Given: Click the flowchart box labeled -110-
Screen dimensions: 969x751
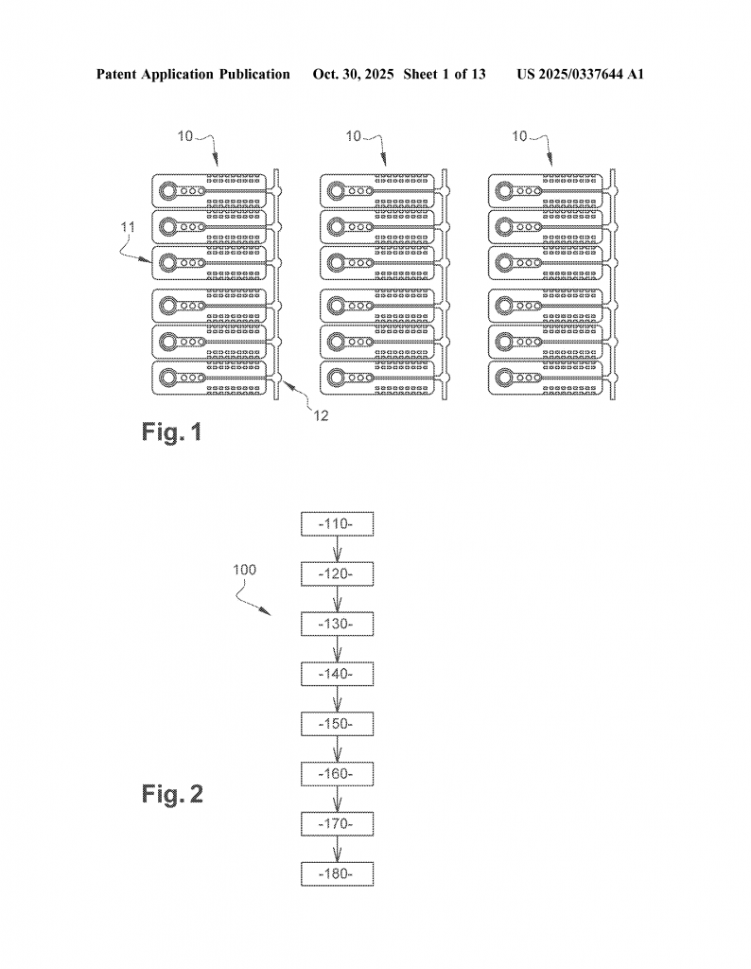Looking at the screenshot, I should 337,524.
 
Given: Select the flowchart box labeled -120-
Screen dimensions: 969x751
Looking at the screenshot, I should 337,574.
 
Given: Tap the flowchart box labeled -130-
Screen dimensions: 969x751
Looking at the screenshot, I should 337,625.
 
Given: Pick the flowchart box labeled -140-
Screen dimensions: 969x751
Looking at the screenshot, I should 337,674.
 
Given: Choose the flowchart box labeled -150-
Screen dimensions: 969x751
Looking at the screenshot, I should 337,724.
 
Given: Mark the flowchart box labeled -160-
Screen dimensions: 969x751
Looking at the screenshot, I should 337,774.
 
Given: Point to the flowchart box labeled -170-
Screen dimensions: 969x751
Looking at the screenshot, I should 337,824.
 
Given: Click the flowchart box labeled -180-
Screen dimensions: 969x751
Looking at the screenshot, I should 337,873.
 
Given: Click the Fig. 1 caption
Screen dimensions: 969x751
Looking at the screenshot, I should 171,433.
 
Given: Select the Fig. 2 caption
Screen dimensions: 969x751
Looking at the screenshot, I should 166,793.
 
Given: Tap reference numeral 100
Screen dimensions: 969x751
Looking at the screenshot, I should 242,571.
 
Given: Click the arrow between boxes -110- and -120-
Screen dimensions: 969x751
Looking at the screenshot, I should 337,550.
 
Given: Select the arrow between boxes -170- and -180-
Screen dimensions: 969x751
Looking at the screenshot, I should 337,849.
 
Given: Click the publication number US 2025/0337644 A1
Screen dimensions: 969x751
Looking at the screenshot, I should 580,74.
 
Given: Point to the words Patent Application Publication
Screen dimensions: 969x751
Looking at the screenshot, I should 193,74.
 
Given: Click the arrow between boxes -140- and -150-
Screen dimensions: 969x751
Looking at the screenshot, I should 337,699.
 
